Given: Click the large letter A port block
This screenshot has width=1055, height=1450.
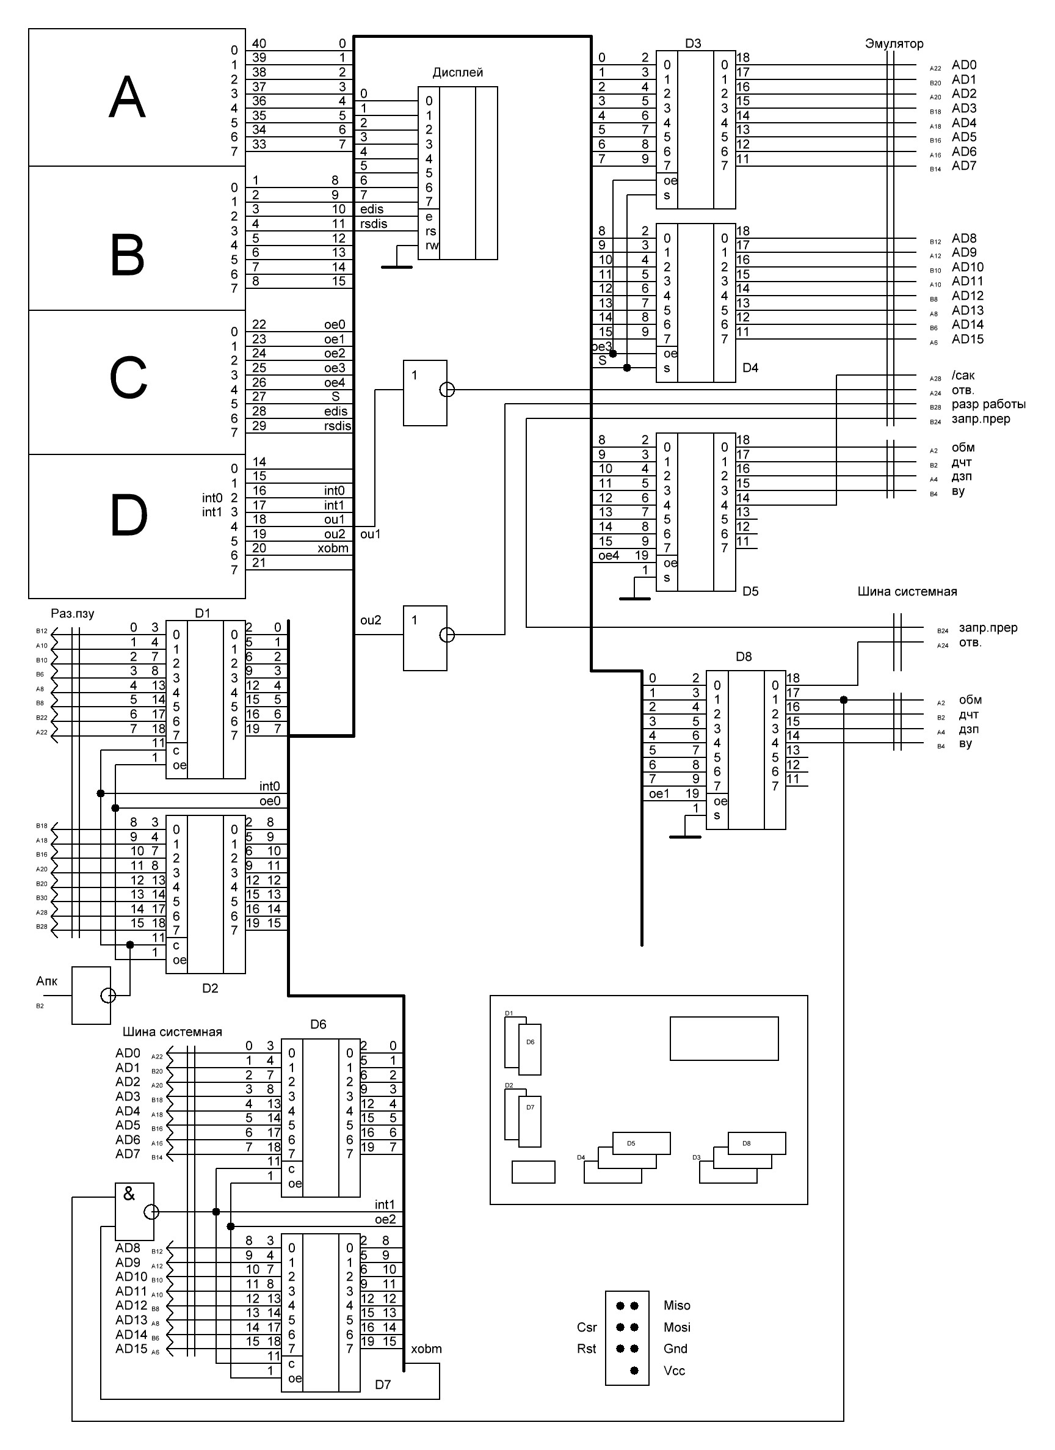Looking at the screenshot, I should click(x=128, y=97).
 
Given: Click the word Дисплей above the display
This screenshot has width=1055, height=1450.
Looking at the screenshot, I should click(x=457, y=72).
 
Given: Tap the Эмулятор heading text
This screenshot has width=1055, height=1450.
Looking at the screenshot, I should click(x=894, y=43).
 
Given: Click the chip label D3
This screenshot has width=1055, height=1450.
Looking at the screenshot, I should click(x=693, y=43).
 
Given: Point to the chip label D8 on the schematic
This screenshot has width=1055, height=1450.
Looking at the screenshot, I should click(x=744, y=657).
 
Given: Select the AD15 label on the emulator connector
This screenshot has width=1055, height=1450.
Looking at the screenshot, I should click(x=968, y=340).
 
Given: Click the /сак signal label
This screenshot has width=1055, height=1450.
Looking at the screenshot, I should click(x=963, y=375).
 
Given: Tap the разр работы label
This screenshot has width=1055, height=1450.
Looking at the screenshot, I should click(x=988, y=404).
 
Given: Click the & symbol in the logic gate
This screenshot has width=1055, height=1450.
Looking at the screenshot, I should click(x=129, y=1193).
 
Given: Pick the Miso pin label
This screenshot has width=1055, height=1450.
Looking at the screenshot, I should click(x=676, y=1305).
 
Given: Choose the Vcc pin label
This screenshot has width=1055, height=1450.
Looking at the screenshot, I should click(x=674, y=1371).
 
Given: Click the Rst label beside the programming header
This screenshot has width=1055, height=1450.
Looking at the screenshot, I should click(x=586, y=1349).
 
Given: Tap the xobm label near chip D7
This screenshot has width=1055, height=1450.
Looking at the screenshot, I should click(x=426, y=1349).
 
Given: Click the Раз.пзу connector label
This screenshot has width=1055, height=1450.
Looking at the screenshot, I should click(x=72, y=613).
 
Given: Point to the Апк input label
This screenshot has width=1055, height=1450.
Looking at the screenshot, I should click(x=46, y=982).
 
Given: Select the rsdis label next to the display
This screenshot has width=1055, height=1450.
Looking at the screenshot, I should click(x=373, y=224).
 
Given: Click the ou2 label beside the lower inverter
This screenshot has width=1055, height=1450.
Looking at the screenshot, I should click(x=371, y=620).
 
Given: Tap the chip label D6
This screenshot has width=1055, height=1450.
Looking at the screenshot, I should click(x=318, y=1024).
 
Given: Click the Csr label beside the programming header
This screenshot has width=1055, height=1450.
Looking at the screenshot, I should click(x=587, y=1327).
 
